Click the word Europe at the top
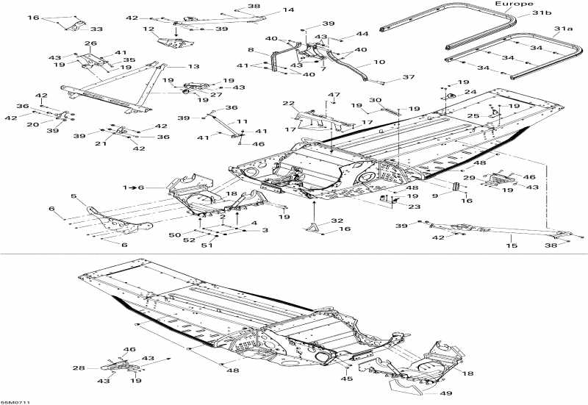(514, 4)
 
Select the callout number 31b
(542, 12)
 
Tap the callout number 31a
(564, 29)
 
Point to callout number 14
(288, 10)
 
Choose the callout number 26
(90, 43)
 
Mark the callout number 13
(193, 66)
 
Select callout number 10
(379, 62)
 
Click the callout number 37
(409, 77)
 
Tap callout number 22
(288, 103)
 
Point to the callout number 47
(334, 95)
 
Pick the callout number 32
(337, 221)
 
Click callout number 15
(512, 245)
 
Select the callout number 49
(446, 393)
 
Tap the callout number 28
(79, 368)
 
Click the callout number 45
(347, 379)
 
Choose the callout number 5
(73, 196)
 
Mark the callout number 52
(189, 240)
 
